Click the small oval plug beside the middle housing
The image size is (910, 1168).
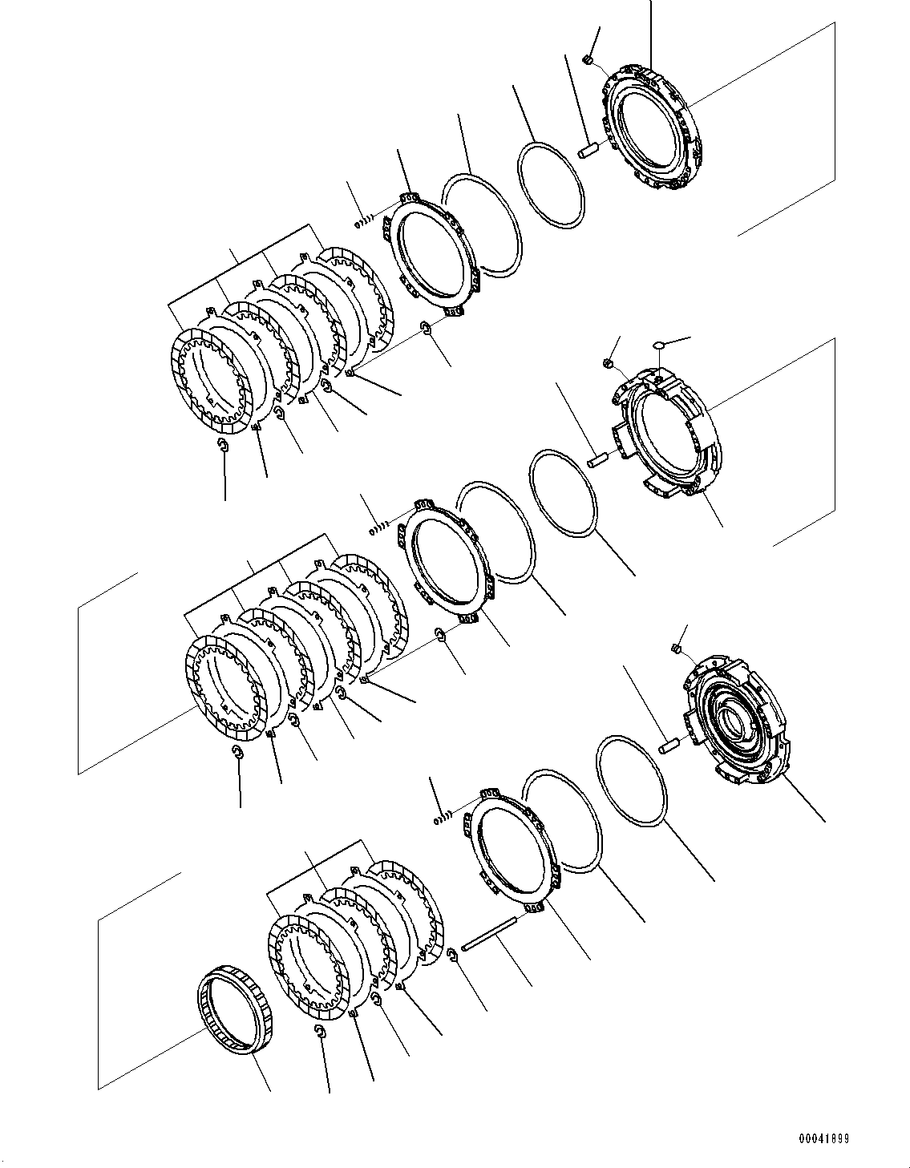click(x=659, y=344)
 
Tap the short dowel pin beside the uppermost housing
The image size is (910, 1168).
click(x=588, y=149)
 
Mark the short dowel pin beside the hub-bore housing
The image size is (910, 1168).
click(x=668, y=747)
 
